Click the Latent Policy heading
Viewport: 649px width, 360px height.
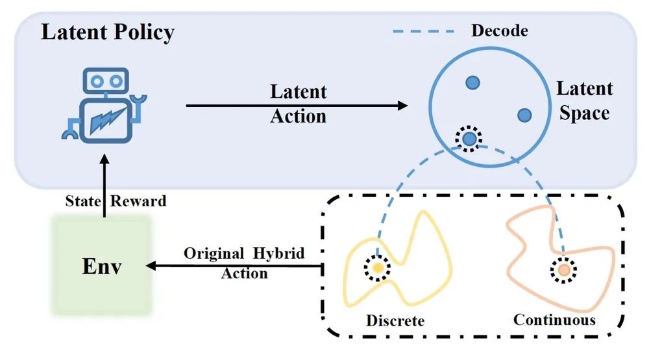coord(108,32)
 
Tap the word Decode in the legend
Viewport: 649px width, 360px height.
coord(499,30)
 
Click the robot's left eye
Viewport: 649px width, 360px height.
coord(96,81)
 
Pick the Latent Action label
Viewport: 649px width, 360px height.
coord(299,104)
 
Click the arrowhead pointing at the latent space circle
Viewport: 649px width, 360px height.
coord(402,104)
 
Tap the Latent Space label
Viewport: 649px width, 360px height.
coord(584,101)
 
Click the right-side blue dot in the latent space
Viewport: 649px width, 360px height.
coord(524,115)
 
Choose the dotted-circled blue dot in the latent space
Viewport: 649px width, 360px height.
coord(469,138)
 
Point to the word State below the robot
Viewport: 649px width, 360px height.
coord(82,200)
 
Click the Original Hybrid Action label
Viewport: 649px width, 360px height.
coord(244,263)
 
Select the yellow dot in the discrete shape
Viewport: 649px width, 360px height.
coord(376,267)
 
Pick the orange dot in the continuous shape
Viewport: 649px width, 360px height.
coord(563,268)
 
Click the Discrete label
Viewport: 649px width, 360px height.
coord(395,320)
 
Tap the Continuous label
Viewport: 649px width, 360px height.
coord(554,320)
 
